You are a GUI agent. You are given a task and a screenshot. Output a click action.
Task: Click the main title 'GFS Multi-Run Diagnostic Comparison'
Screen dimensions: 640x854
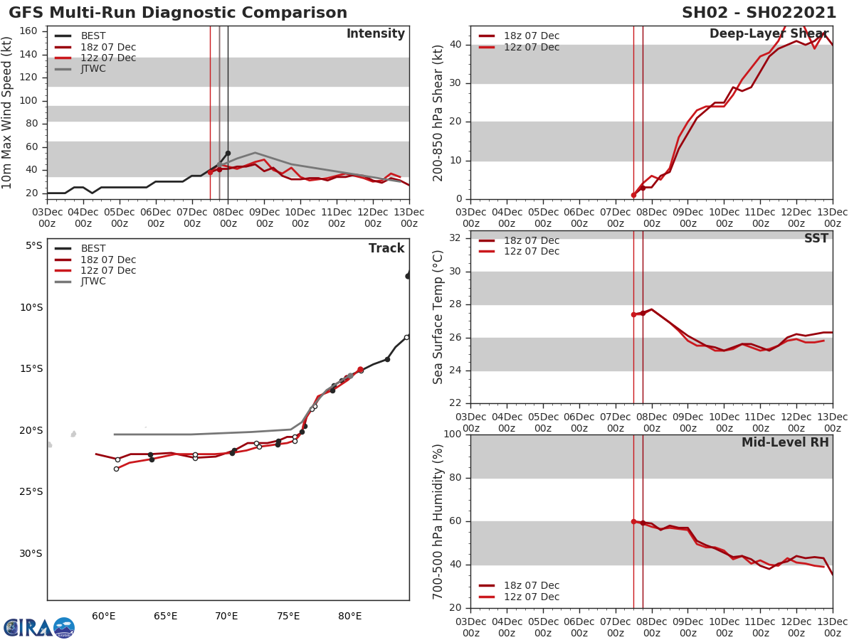tap(178, 13)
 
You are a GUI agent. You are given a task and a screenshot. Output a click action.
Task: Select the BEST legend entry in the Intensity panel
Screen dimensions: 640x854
tap(93, 36)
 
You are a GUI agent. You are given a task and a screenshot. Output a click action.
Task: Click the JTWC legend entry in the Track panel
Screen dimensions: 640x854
tap(93, 282)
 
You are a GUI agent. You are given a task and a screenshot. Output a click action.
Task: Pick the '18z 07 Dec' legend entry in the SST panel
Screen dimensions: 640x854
tap(531, 241)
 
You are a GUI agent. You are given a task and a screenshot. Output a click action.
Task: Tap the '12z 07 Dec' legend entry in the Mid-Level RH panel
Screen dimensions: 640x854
tap(531, 597)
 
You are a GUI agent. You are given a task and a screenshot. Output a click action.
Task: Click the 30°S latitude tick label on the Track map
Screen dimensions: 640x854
tap(29, 553)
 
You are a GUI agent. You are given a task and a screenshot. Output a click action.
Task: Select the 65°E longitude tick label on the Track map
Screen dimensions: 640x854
tap(165, 616)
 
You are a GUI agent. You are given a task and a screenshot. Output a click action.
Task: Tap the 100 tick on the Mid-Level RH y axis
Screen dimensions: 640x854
tap(453, 434)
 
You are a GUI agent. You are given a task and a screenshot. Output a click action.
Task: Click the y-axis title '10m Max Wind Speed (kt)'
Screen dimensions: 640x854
tap(8, 112)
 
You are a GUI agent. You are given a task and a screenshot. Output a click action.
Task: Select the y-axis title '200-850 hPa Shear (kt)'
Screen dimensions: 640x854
tap(439, 112)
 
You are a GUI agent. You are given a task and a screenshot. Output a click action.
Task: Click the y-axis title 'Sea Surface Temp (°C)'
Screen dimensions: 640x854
tap(439, 317)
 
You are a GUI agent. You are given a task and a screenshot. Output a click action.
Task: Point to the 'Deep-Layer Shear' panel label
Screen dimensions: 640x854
tap(769, 34)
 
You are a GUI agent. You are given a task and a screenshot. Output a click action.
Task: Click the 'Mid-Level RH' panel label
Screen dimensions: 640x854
tap(785, 442)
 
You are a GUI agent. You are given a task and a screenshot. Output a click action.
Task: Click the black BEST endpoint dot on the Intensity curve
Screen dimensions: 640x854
tap(228, 153)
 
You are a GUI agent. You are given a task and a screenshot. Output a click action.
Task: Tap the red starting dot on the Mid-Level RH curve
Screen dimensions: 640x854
tap(633, 521)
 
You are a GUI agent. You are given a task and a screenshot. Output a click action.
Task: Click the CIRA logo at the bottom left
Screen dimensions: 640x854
tap(39, 627)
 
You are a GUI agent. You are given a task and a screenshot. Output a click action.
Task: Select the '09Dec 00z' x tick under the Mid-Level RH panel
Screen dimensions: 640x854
tap(688, 626)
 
